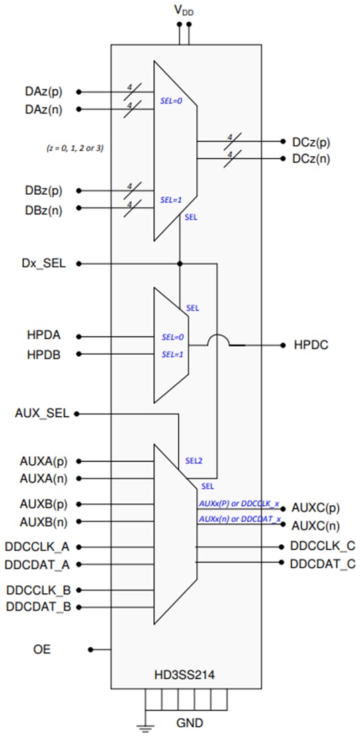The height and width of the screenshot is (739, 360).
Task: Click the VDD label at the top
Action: (184, 9)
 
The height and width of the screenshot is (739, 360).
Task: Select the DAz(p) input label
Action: (45, 91)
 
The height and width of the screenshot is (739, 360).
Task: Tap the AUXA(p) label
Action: (44, 462)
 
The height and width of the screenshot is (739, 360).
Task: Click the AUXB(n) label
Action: (44, 521)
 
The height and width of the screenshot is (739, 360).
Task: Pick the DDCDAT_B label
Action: (39, 607)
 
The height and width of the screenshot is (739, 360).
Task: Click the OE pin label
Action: (42, 650)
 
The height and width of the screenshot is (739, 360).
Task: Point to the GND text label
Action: (189, 724)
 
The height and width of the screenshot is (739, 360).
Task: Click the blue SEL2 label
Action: (193, 462)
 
